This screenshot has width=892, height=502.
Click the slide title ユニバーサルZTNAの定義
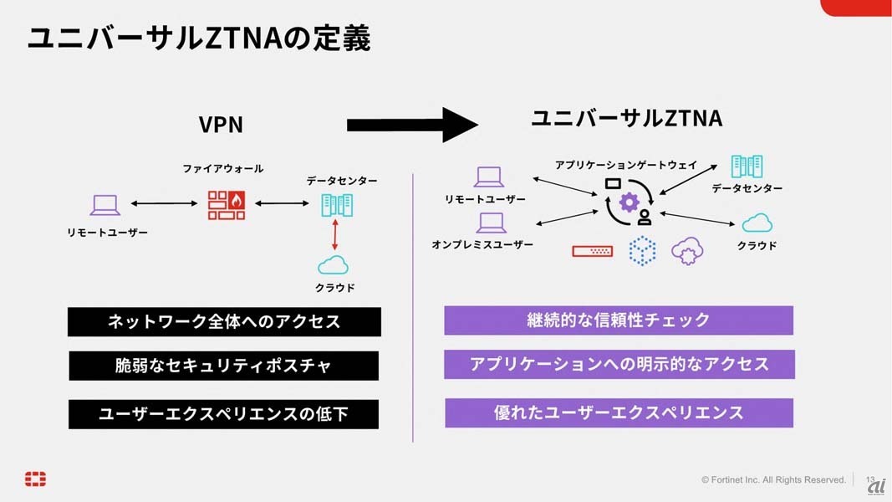199,38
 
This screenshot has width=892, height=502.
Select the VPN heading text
221,125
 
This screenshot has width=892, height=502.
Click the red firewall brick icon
227,204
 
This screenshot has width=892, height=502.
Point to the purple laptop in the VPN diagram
105,205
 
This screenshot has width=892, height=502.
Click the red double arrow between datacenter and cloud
335,234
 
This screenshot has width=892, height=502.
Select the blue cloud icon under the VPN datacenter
333,265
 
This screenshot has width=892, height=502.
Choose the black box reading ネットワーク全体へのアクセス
224,321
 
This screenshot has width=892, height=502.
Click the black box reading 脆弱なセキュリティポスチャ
223,366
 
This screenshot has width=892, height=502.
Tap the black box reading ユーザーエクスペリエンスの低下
223,413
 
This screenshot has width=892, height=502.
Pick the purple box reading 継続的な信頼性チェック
619,320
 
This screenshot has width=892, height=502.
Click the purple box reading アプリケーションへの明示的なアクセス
619,364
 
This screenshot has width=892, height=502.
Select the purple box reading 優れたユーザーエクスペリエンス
619,412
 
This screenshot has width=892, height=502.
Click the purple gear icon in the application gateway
629,202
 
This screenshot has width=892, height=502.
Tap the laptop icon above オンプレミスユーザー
492,223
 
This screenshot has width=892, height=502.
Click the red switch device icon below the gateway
593,250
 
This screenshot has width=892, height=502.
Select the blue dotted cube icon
642,250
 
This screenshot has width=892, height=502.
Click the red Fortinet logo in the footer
35,479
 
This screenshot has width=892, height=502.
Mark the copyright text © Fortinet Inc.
773,479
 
